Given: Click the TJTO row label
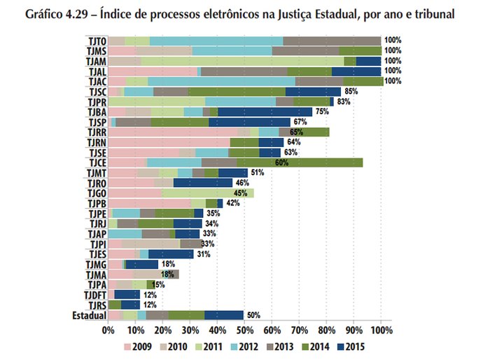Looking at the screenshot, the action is click(x=97, y=41).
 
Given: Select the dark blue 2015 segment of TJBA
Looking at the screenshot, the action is click(x=265, y=112).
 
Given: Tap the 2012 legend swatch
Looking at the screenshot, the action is click(x=234, y=347).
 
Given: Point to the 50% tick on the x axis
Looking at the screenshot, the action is click(x=244, y=331).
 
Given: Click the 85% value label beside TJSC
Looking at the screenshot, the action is click(x=351, y=91).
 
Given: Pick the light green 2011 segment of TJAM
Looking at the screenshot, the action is click(x=242, y=61).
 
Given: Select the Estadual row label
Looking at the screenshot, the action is click(x=90, y=315).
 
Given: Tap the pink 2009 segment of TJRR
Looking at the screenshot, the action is click(x=173, y=132).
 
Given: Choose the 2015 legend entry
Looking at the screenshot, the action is click(x=351, y=347).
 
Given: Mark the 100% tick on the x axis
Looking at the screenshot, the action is click(x=381, y=331).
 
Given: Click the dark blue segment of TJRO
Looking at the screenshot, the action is click(x=203, y=183).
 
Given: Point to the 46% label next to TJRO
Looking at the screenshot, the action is click(x=242, y=183).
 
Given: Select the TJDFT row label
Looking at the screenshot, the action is click(x=95, y=295).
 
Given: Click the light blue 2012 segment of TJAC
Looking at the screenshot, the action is click(x=221, y=81).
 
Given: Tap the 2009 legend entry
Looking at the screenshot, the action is click(x=138, y=347).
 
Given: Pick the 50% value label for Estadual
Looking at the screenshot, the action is click(x=253, y=315).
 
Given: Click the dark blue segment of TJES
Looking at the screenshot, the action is click(x=171, y=254).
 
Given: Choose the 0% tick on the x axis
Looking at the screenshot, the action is click(x=108, y=331).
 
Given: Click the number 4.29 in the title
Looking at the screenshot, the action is click(x=77, y=15).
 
